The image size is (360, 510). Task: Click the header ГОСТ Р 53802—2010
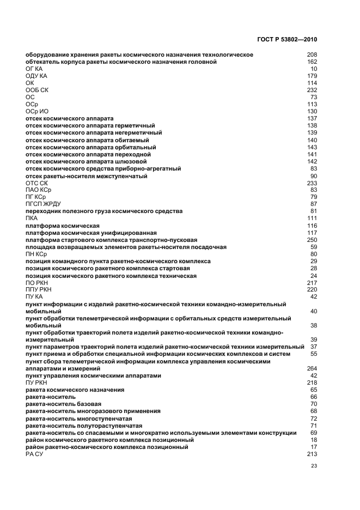point(286,40)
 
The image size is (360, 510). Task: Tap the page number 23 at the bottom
point(314,466)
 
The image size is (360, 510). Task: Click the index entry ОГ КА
point(34,69)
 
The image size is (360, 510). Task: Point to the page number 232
point(312,90)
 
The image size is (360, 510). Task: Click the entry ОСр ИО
point(37,111)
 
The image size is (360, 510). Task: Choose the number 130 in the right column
point(312,111)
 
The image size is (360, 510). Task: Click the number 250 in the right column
point(312,240)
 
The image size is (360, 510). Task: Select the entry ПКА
point(32,218)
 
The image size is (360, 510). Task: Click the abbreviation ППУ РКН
point(38,289)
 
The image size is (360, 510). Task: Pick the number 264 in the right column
point(312,369)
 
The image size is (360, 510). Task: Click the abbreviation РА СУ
point(34,454)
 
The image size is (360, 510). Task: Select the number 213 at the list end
point(312,454)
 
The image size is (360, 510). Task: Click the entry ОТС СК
point(36,183)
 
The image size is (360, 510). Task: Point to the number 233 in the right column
point(312,183)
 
